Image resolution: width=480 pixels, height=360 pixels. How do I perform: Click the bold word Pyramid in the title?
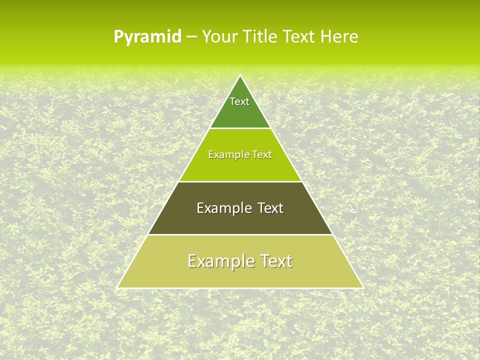click(147, 37)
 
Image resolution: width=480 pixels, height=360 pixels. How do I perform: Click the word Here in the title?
click(339, 37)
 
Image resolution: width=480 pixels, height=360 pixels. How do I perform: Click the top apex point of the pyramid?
click(240, 75)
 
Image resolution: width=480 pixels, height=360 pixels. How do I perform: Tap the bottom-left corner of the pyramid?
click(117, 287)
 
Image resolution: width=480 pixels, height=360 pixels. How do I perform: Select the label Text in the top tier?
click(239, 101)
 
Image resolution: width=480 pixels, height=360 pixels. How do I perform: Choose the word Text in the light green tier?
click(262, 155)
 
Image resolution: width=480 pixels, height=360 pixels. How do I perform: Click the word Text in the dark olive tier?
click(270, 208)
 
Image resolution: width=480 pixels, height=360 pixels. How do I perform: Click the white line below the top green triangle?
click(240, 128)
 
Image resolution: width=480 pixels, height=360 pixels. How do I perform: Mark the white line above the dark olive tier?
click(240, 181)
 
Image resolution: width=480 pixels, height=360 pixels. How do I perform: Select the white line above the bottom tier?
click(240, 234)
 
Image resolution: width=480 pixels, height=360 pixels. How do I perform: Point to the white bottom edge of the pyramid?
click(240, 288)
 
